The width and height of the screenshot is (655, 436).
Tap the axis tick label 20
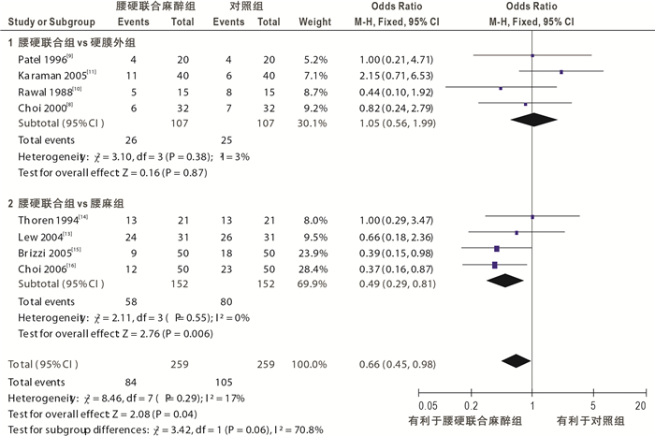[x=640, y=406]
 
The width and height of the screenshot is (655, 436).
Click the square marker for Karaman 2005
[x=560, y=72]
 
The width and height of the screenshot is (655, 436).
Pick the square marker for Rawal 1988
[x=501, y=88]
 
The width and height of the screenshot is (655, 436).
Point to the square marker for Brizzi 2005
[x=496, y=248]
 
